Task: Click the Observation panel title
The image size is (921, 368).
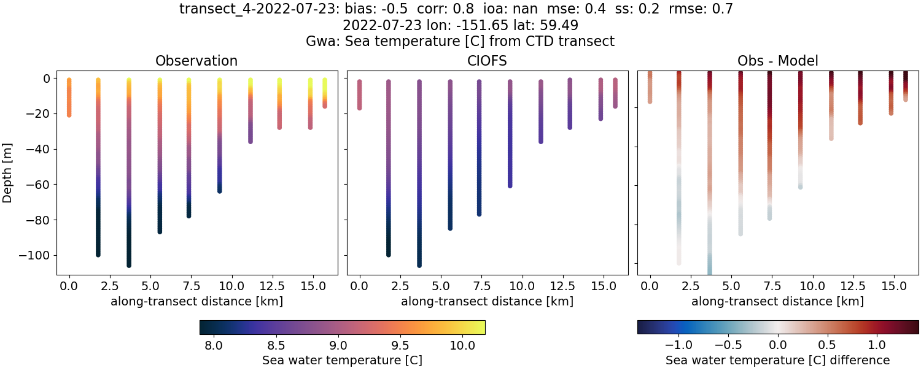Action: [196, 61]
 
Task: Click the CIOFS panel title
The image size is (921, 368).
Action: [488, 61]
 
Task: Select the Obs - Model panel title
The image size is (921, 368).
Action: [777, 61]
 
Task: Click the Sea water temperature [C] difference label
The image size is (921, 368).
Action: [777, 360]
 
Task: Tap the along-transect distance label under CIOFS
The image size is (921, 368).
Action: [488, 301]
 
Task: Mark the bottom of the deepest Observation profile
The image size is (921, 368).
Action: [129, 264]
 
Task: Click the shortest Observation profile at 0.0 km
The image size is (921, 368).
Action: [69, 98]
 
